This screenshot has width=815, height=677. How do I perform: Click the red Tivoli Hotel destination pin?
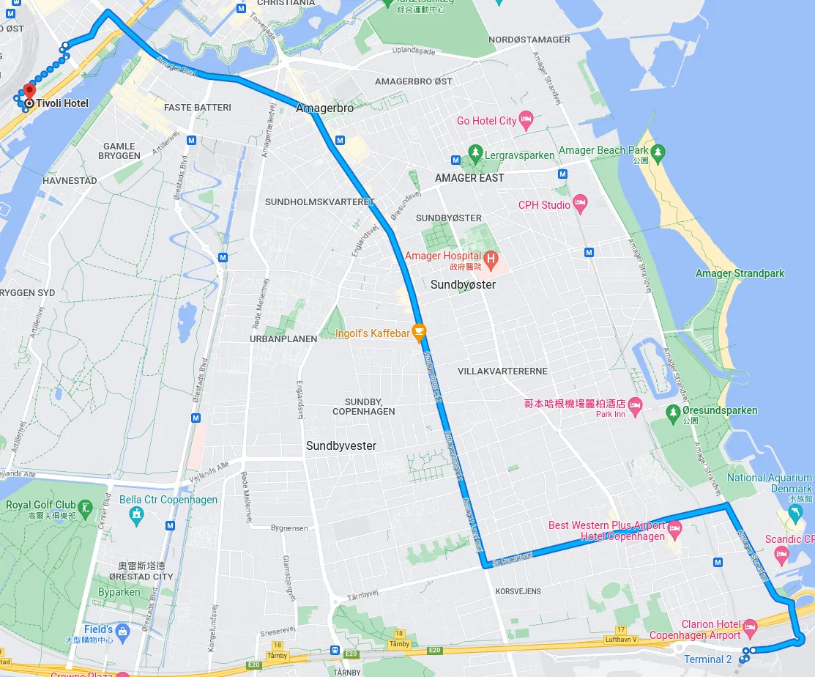(29, 92)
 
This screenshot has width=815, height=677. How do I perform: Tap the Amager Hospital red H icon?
(491, 258)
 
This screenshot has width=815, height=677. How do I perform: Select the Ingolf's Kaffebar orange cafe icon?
(419, 333)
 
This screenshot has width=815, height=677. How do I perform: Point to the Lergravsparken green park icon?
(475, 155)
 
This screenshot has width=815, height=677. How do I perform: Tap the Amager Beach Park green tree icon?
(658, 152)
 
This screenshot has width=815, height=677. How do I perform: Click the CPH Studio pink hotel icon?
(580, 204)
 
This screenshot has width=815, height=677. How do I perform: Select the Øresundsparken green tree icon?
(673, 411)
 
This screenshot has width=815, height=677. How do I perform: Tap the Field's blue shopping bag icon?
(122, 631)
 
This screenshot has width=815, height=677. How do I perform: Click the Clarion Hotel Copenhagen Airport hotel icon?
(750, 627)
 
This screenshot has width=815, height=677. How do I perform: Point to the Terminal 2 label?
(707, 659)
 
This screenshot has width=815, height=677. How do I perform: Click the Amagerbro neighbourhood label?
(324, 108)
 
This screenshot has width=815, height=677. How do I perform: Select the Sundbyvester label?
(341, 445)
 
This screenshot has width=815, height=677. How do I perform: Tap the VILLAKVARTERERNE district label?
(502, 371)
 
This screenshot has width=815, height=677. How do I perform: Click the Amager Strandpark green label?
(740, 273)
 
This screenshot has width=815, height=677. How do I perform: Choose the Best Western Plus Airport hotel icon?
(674, 528)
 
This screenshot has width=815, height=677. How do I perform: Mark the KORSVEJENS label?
(518, 591)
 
